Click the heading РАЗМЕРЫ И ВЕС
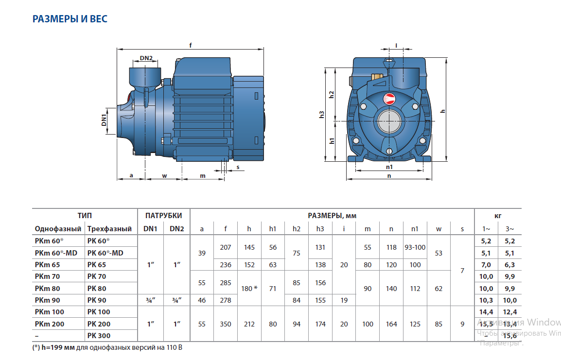pos(70,19)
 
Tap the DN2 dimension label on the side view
pos(146,58)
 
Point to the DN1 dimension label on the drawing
pos(104,120)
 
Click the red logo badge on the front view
pos(390,99)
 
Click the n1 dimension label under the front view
pos(389,167)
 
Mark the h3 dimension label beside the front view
pos(321,115)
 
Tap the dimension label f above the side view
pos(191,45)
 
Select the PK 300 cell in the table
pos(99,335)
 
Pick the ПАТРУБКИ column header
pos(164,215)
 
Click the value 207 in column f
pos(226,247)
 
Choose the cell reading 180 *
pos(249,289)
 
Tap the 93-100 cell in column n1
pos(415,247)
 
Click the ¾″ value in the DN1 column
pos(150,300)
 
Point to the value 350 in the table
pos(226,324)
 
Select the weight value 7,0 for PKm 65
pos(486,265)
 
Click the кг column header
pos(498,215)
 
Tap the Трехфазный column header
pos(109,228)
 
